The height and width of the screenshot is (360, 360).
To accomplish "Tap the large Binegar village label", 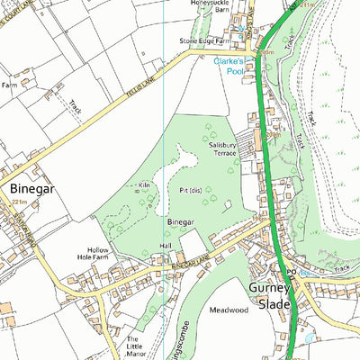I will pyautogui.click(x=33, y=190).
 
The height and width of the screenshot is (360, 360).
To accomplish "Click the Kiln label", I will pyautogui.click(x=144, y=186).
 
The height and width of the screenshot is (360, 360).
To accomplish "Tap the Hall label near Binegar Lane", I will pyautogui.click(x=165, y=245).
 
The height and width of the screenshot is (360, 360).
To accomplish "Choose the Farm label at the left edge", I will pyautogui.click(x=10, y=85).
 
